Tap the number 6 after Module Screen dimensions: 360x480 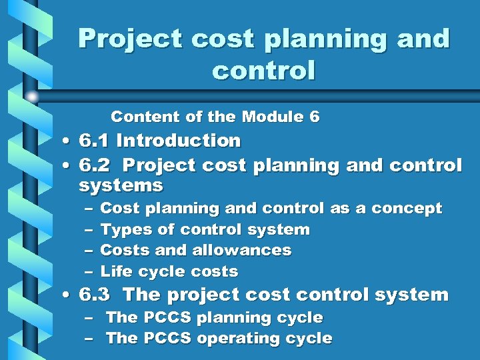pyautogui.click(x=315, y=117)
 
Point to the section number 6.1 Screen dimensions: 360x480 pyautogui.click(x=95, y=141)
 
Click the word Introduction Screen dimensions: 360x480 pyautogui.click(x=179, y=141)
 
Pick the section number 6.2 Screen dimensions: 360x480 pyautogui.click(x=95, y=165)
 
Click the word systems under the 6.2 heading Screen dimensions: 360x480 pyautogui.click(x=121, y=185)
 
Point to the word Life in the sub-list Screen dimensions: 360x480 pyautogui.click(x=114, y=272)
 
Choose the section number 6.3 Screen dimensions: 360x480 pyautogui.click(x=95, y=295)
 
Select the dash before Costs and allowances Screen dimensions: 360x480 pyautogui.click(x=89, y=251)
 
